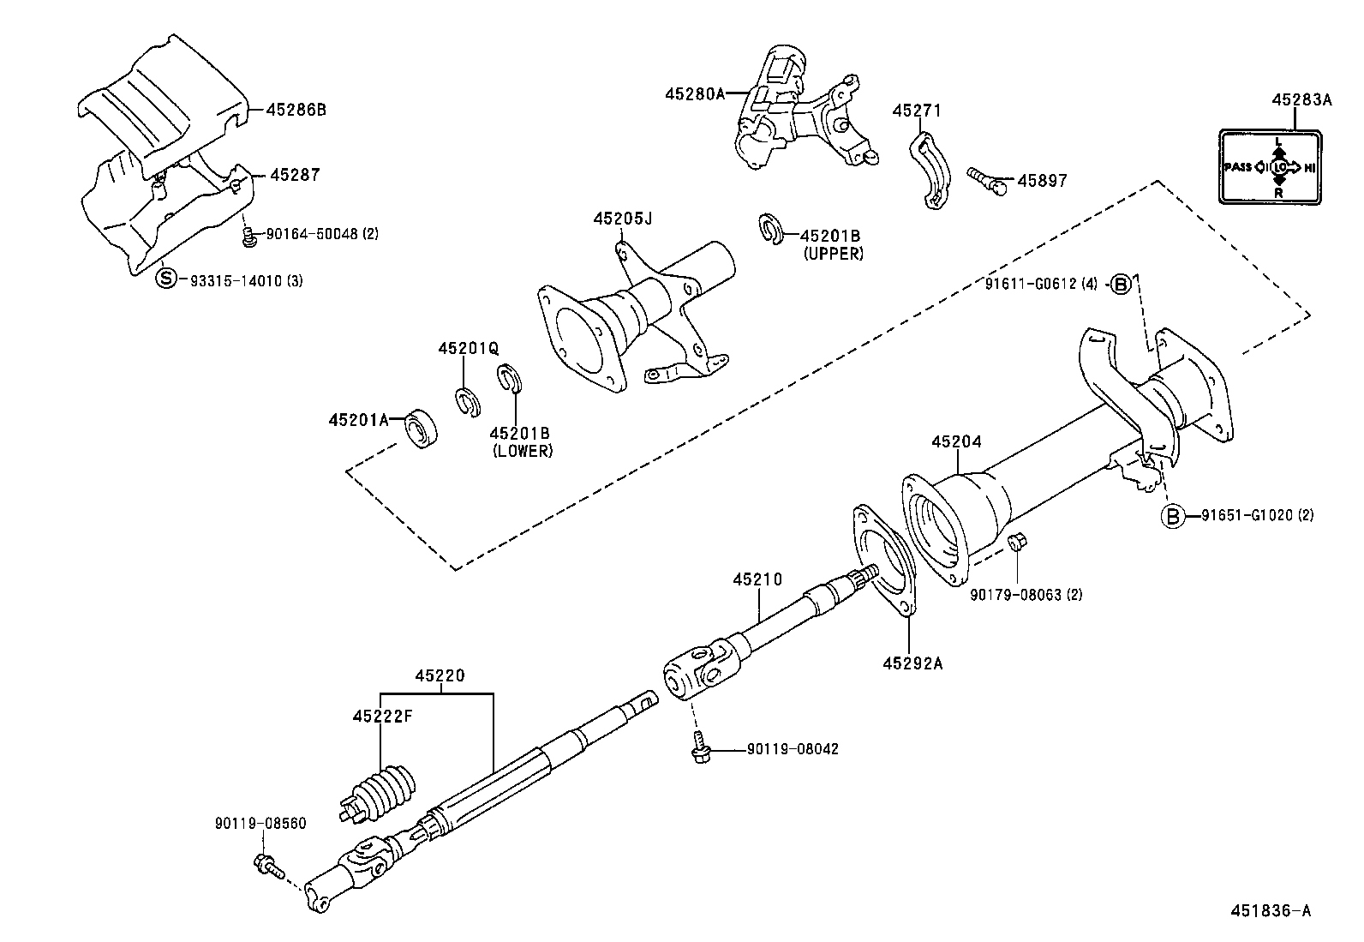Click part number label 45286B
click(x=296, y=110)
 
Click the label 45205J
click(x=622, y=219)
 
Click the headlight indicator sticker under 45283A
click(x=1271, y=166)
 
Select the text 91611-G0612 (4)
click(x=1044, y=283)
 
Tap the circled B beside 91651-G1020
click(x=1172, y=515)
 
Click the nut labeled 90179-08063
click(x=1018, y=542)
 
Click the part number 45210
click(x=757, y=579)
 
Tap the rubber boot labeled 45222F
click(x=383, y=791)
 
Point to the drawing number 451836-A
click(x=1271, y=910)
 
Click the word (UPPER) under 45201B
click(x=833, y=254)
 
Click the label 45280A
click(x=695, y=93)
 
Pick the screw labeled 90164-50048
click(x=249, y=237)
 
